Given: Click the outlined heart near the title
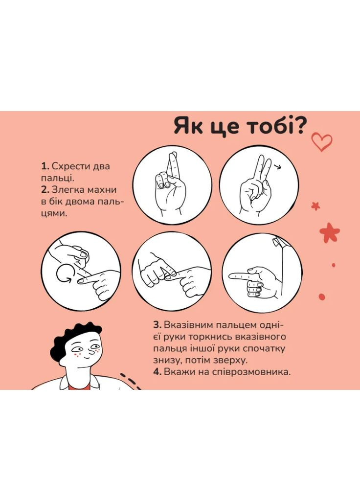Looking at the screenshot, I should point(322,142).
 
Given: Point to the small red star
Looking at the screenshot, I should point(316,206).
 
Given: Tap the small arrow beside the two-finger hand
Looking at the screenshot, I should point(279,167).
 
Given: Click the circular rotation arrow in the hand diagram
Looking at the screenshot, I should point(64,274).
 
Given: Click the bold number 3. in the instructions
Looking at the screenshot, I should point(157,325).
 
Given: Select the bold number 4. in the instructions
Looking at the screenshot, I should point(157,372).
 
